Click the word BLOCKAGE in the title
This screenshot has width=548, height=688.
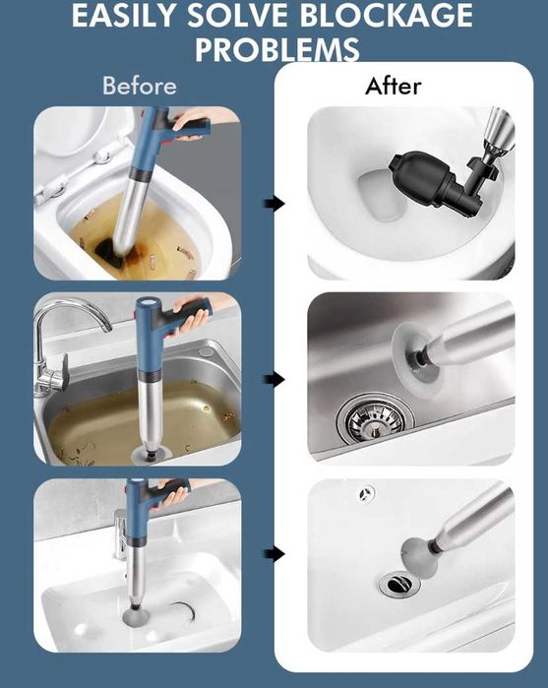coord(386,16)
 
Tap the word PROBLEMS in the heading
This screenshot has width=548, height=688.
coord(277,48)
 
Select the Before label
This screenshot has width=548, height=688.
coord(140,85)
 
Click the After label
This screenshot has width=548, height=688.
coord(394,86)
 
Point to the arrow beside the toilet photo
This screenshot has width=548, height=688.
coord(274,203)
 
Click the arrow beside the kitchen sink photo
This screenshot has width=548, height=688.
coord(274,379)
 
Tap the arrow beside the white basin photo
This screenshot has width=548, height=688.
coord(274,554)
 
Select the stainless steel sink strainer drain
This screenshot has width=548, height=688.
coord(376,420)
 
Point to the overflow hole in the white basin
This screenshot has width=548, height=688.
coord(367,494)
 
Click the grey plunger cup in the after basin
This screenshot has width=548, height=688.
coord(420,557)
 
